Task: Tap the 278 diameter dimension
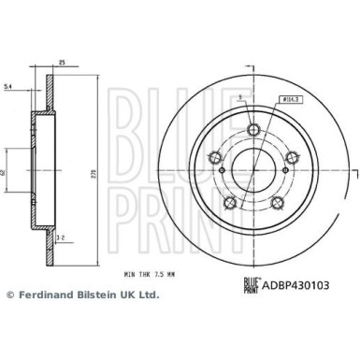click(x=94, y=175)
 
